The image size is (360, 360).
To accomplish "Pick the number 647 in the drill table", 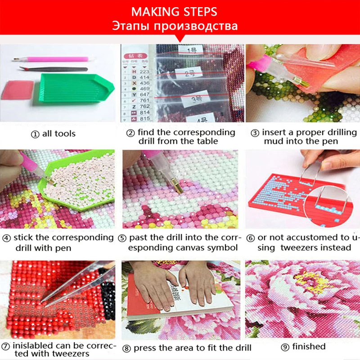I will pos(145,95).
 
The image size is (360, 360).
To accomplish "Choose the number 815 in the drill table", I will pos(145,119).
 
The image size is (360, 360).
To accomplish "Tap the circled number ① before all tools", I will pos(35,134).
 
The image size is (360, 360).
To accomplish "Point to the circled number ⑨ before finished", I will pos(284,346).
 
